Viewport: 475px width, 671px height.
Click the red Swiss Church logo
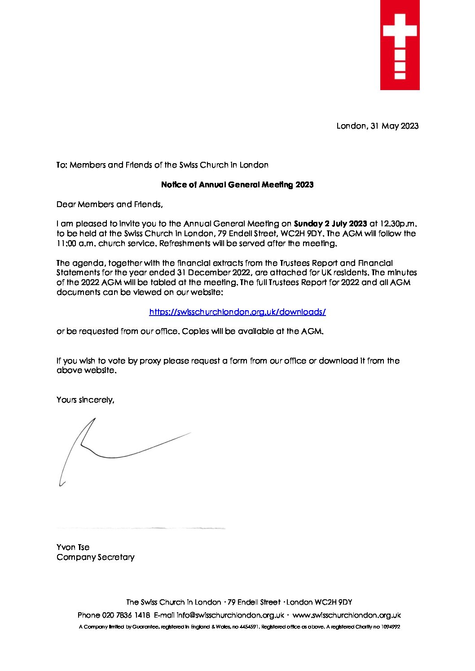(400, 45)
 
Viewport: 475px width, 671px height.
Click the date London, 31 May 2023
(377, 126)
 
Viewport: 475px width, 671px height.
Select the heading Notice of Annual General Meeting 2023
(237, 185)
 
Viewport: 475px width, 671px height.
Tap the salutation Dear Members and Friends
(109, 204)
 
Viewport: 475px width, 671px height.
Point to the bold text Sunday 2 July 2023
(330, 224)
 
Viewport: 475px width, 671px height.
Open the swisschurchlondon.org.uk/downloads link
(237, 312)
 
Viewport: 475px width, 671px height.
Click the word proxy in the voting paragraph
(150, 361)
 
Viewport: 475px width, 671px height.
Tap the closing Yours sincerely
(85, 400)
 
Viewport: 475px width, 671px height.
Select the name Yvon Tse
(73, 547)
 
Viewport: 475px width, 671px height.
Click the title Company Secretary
(95, 557)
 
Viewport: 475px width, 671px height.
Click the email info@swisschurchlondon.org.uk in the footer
(230, 615)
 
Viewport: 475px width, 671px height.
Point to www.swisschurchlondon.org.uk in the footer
(346, 615)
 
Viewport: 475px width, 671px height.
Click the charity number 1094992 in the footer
(390, 627)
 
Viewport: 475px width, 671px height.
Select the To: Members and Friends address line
(162, 165)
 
